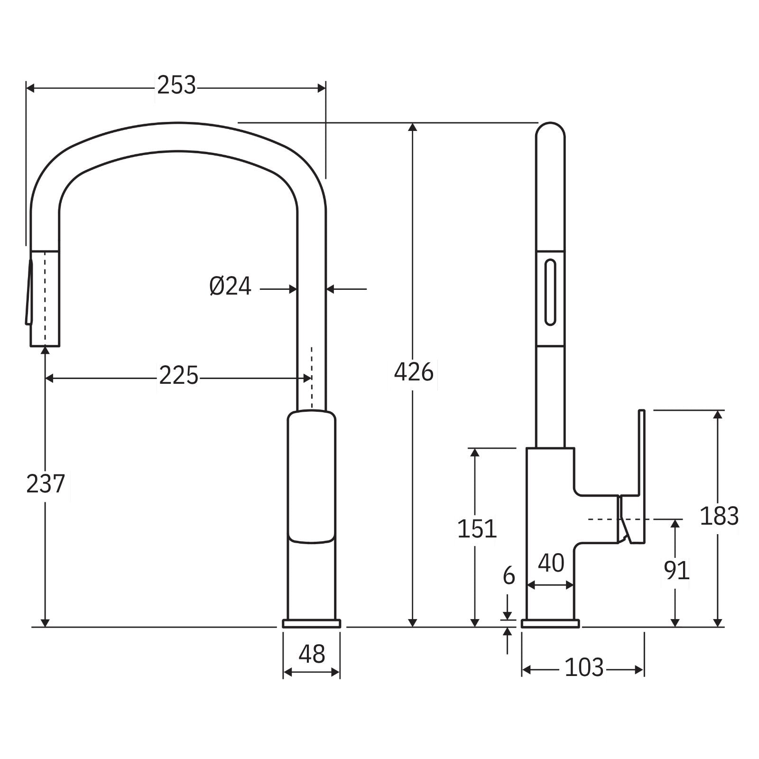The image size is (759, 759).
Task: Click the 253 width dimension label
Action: [x=176, y=86]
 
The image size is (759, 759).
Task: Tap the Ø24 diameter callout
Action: [x=230, y=287]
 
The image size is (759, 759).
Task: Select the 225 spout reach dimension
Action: [x=178, y=376]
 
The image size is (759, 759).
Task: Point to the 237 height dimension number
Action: [x=45, y=484]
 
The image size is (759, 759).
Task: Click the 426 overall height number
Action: [x=414, y=372]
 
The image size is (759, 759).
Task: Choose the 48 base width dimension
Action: [x=312, y=654]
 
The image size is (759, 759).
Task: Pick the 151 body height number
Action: [x=477, y=529]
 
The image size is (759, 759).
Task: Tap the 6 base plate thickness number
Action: [x=509, y=576]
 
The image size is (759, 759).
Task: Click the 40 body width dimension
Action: [x=551, y=564]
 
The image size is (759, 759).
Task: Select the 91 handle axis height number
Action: [x=676, y=570]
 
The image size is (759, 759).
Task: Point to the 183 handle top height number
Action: [x=719, y=516]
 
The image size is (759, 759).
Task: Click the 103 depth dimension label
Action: [x=584, y=668]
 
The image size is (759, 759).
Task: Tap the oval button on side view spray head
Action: [x=550, y=292]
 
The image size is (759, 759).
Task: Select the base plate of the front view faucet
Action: [x=312, y=623]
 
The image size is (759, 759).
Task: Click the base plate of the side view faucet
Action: [x=550, y=623]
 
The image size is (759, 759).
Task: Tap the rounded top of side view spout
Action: [x=550, y=130]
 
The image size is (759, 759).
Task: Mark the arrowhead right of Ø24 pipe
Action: [x=332, y=288]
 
